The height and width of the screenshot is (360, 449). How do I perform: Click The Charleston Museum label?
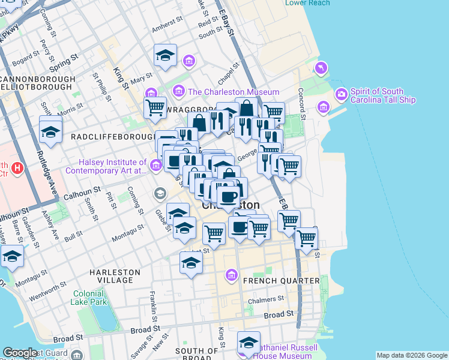pos(234,92)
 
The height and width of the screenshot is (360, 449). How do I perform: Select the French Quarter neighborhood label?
pos(281,281)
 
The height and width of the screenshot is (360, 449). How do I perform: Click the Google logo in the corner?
pos(20,353)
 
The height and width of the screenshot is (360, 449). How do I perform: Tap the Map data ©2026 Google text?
pos(411,355)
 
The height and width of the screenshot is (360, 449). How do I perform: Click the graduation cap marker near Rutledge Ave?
pos(50,130)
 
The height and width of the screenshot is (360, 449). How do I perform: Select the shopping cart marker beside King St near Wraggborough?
pos(155,108)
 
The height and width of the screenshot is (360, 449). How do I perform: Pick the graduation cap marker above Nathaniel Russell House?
pos(248,342)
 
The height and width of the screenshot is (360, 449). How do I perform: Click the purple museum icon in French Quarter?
pos(231,275)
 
